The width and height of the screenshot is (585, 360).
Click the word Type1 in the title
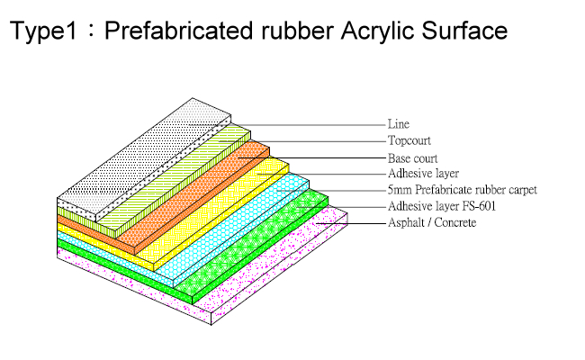(44, 31)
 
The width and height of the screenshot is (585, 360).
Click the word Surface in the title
(464, 30)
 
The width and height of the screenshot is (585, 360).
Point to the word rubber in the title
(297, 30)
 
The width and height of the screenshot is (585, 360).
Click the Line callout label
(399, 124)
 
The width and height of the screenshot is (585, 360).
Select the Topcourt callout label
(409, 140)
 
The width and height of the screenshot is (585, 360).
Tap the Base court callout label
(412, 158)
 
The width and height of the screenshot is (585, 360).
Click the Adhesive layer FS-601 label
(442, 206)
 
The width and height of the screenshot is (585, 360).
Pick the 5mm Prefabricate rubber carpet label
(463, 190)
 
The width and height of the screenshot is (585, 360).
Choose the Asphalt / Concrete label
(432, 222)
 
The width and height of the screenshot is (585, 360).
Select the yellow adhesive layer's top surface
(212, 209)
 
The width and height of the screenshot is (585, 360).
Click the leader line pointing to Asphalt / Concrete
(351, 223)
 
